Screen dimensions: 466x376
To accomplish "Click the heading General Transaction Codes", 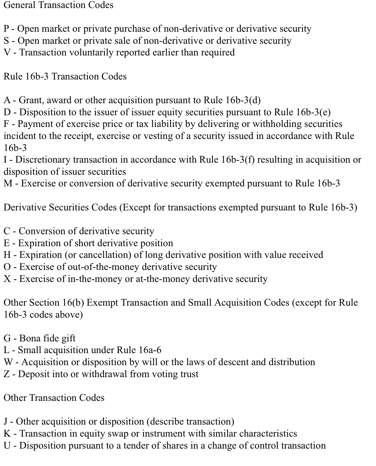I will coord(58,5).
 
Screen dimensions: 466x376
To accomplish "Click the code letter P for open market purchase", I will coord(6,29).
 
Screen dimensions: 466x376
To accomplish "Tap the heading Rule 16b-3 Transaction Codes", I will coord(65,76).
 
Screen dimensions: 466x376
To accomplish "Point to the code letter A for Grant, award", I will coord(7,100).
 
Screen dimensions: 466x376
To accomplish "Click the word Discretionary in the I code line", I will coord(43,160).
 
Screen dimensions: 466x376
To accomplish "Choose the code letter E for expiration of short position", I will coord(7,243).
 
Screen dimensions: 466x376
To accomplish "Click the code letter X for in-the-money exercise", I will coord(7,279).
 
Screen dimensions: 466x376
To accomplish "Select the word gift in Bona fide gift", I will coord(69,338).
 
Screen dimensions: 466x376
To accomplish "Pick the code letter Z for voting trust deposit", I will coord(7,374).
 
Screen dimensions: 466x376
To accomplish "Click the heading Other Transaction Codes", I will coord(54,398).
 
